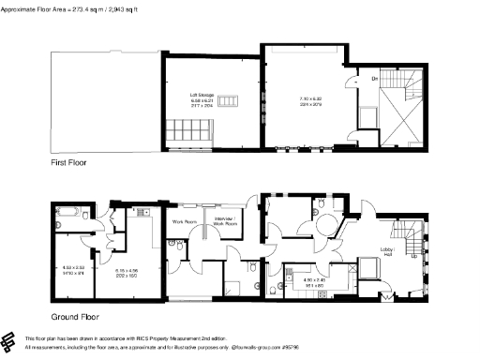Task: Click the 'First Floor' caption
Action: [67, 163]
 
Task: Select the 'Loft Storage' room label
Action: [202, 95]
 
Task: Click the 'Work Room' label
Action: [183, 222]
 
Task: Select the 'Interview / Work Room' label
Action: [226, 223]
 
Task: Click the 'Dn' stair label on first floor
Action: [374, 80]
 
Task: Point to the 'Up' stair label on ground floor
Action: [414, 254]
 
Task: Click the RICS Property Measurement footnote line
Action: [131, 337]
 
